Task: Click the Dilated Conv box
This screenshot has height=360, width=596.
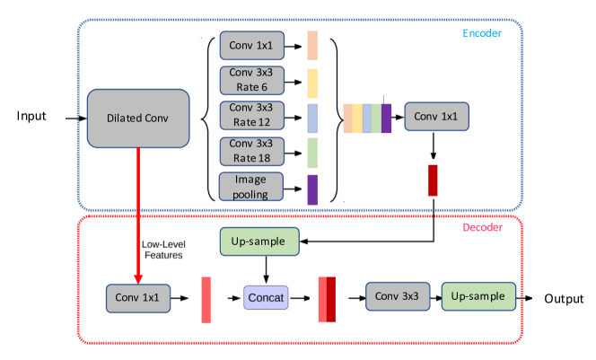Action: tap(138, 118)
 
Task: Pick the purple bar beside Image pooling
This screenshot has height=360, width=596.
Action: tap(312, 189)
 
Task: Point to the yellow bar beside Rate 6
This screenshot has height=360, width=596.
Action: tap(312, 82)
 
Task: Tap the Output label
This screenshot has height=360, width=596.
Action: tap(563, 299)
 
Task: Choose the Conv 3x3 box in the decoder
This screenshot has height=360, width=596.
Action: tap(397, 297)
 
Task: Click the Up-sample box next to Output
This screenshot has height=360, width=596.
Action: tap(478, 297)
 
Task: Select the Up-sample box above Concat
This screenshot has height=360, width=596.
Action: tap(258, 241)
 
